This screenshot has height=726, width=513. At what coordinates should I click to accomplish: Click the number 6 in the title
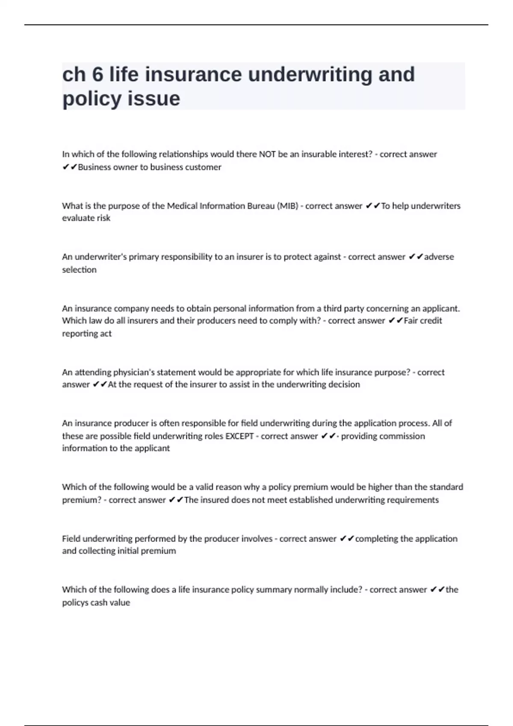[97, 75]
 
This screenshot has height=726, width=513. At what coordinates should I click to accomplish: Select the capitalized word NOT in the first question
[267, 154]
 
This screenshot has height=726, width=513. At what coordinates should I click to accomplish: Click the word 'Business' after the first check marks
[94, 167]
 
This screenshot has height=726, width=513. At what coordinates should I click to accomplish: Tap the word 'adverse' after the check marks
[439, 257]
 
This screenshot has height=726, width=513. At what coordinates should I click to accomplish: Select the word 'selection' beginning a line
[79, 269]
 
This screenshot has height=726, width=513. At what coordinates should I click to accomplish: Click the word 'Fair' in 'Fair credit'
[410, 320]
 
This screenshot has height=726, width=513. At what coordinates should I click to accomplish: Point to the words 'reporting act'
[87, 333]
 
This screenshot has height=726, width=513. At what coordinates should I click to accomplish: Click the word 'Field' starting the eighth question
[71, 539]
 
